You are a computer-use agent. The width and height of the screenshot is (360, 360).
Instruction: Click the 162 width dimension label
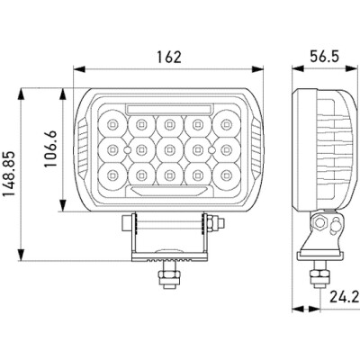coord(169,57)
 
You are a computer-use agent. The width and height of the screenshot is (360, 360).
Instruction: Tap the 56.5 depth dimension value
coord(325,57)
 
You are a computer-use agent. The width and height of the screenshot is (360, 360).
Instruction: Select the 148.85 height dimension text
coord(9,174)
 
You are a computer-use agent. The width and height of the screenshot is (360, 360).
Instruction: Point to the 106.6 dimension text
coord(50,148)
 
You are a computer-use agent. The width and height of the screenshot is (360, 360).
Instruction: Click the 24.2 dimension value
coord(345,297)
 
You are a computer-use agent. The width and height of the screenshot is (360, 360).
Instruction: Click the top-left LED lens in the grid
coord(112,123)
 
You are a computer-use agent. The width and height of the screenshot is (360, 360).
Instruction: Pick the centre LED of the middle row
coord(169,149)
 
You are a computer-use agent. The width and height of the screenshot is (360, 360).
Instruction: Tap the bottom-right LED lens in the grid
coord(226,175)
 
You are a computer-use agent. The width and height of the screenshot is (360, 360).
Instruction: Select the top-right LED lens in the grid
coord(226,123)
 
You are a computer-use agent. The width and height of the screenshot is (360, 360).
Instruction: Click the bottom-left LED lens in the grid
coord(112,175)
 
